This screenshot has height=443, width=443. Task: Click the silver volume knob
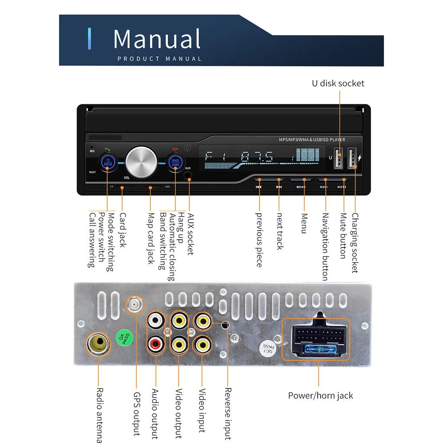(141, 161)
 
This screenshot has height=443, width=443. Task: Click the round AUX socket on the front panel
(188, 176)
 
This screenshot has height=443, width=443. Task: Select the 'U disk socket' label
(338, 83)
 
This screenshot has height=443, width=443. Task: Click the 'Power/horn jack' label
(321, 395)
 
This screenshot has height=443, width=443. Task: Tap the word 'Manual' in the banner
(157, 39)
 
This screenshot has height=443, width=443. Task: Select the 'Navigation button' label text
(325, 247)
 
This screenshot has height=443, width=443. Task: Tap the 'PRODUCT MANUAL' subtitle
(159, 59)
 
